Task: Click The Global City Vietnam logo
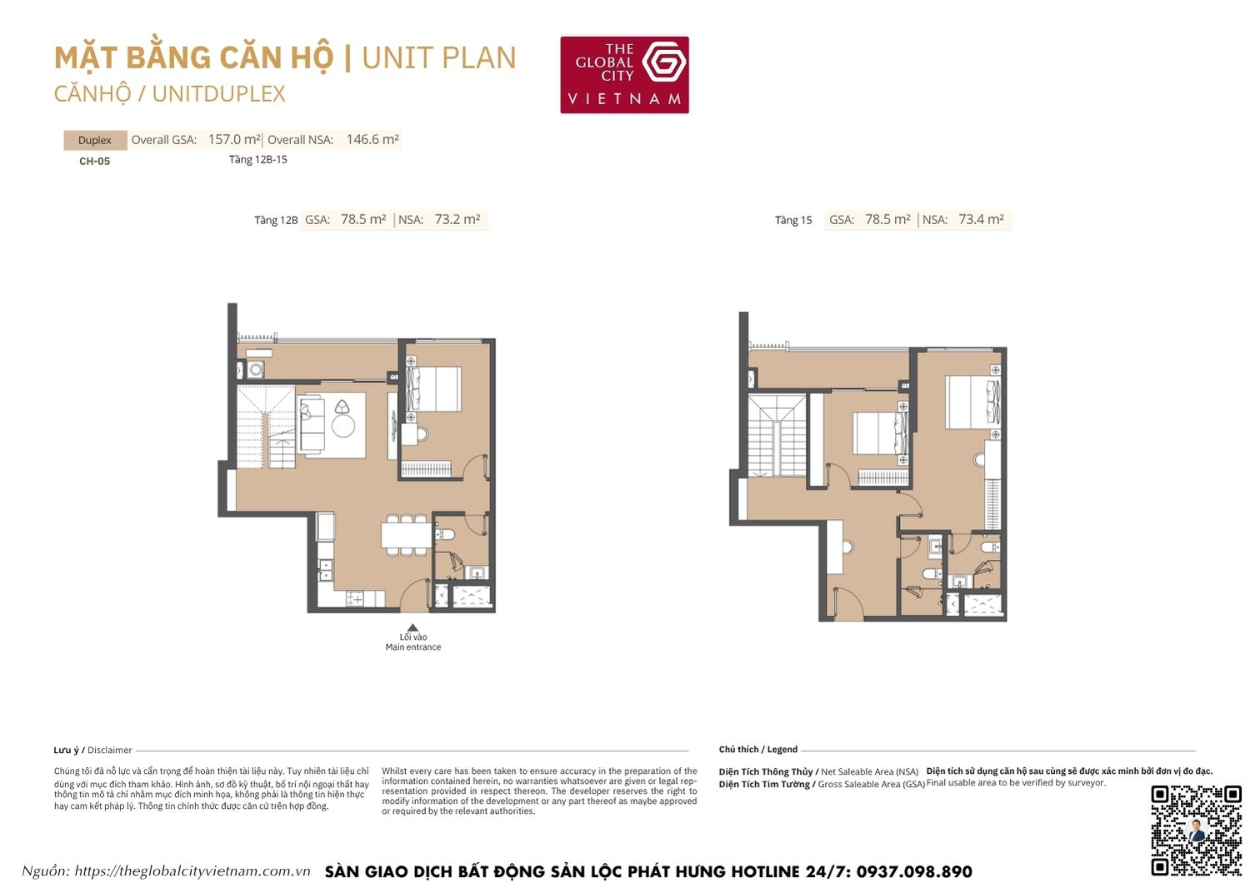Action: (x=624, y=75)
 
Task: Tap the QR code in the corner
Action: (x=1196, y=830)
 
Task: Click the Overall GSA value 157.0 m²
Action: (x=234, y=140)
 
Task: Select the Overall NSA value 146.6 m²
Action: (x=372, y=140)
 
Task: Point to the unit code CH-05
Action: (x=94, y=162)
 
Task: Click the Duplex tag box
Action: (x=95, y=140)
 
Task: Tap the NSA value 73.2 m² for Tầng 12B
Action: (x=457, y=220)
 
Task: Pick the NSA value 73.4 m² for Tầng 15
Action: (x=981, y=220)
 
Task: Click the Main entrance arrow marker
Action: (x=412, y=628)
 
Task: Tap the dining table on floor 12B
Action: (x=406, y=534)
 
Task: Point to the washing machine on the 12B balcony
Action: (x=256, y=369)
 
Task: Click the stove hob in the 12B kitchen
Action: (x=354, y=598)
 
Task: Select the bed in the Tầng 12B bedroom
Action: (x=435, y=388)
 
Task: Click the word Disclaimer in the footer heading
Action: (x=110, y=751)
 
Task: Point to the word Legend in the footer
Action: (x=782, y=750)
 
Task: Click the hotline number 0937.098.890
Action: (x=913, y=871)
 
